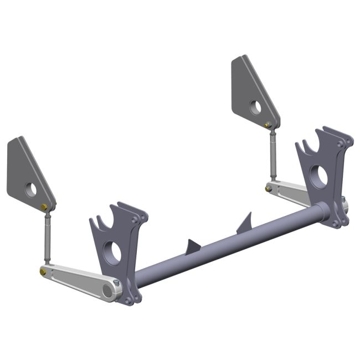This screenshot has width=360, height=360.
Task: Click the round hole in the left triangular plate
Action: point(30,189)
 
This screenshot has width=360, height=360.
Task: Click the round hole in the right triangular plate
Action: point(255,107)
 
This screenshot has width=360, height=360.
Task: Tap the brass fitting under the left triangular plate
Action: point(44,207)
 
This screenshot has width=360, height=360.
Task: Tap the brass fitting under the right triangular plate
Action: point(268,125)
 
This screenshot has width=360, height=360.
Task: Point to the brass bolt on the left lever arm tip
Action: point(43,271)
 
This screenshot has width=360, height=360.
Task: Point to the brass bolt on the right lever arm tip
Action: point(268,188)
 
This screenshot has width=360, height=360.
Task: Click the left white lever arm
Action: point(78,280)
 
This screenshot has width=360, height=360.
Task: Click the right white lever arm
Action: point(288,192)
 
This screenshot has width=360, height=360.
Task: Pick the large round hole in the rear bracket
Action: point(320,176)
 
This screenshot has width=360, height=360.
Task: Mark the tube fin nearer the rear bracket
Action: point(244,223)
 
